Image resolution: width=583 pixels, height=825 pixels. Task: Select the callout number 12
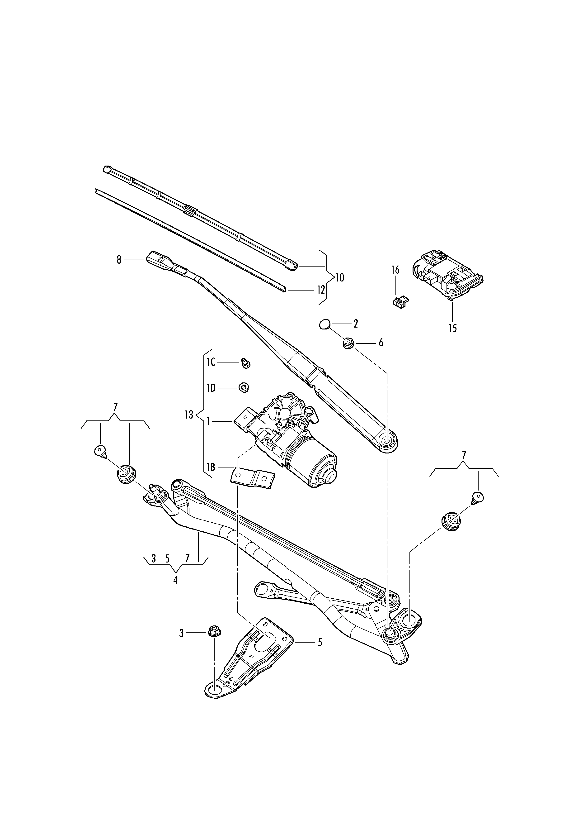tap(320, 290)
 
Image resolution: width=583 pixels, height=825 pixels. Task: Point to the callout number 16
tap(395, 270)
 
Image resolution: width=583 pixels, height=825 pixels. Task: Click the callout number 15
tap(452, 328)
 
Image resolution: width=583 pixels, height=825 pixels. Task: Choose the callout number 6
tap(381, 343)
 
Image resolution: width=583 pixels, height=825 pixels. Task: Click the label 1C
tap(211, 362)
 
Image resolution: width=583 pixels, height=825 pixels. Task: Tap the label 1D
tap(211, 388)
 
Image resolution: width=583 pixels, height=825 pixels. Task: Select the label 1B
tap(211, 467)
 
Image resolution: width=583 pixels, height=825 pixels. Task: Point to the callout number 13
tap(189, 415)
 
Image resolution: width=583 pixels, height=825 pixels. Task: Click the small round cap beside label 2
tap(324, 324)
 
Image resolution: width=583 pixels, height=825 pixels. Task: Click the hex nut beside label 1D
tap(244, 388)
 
